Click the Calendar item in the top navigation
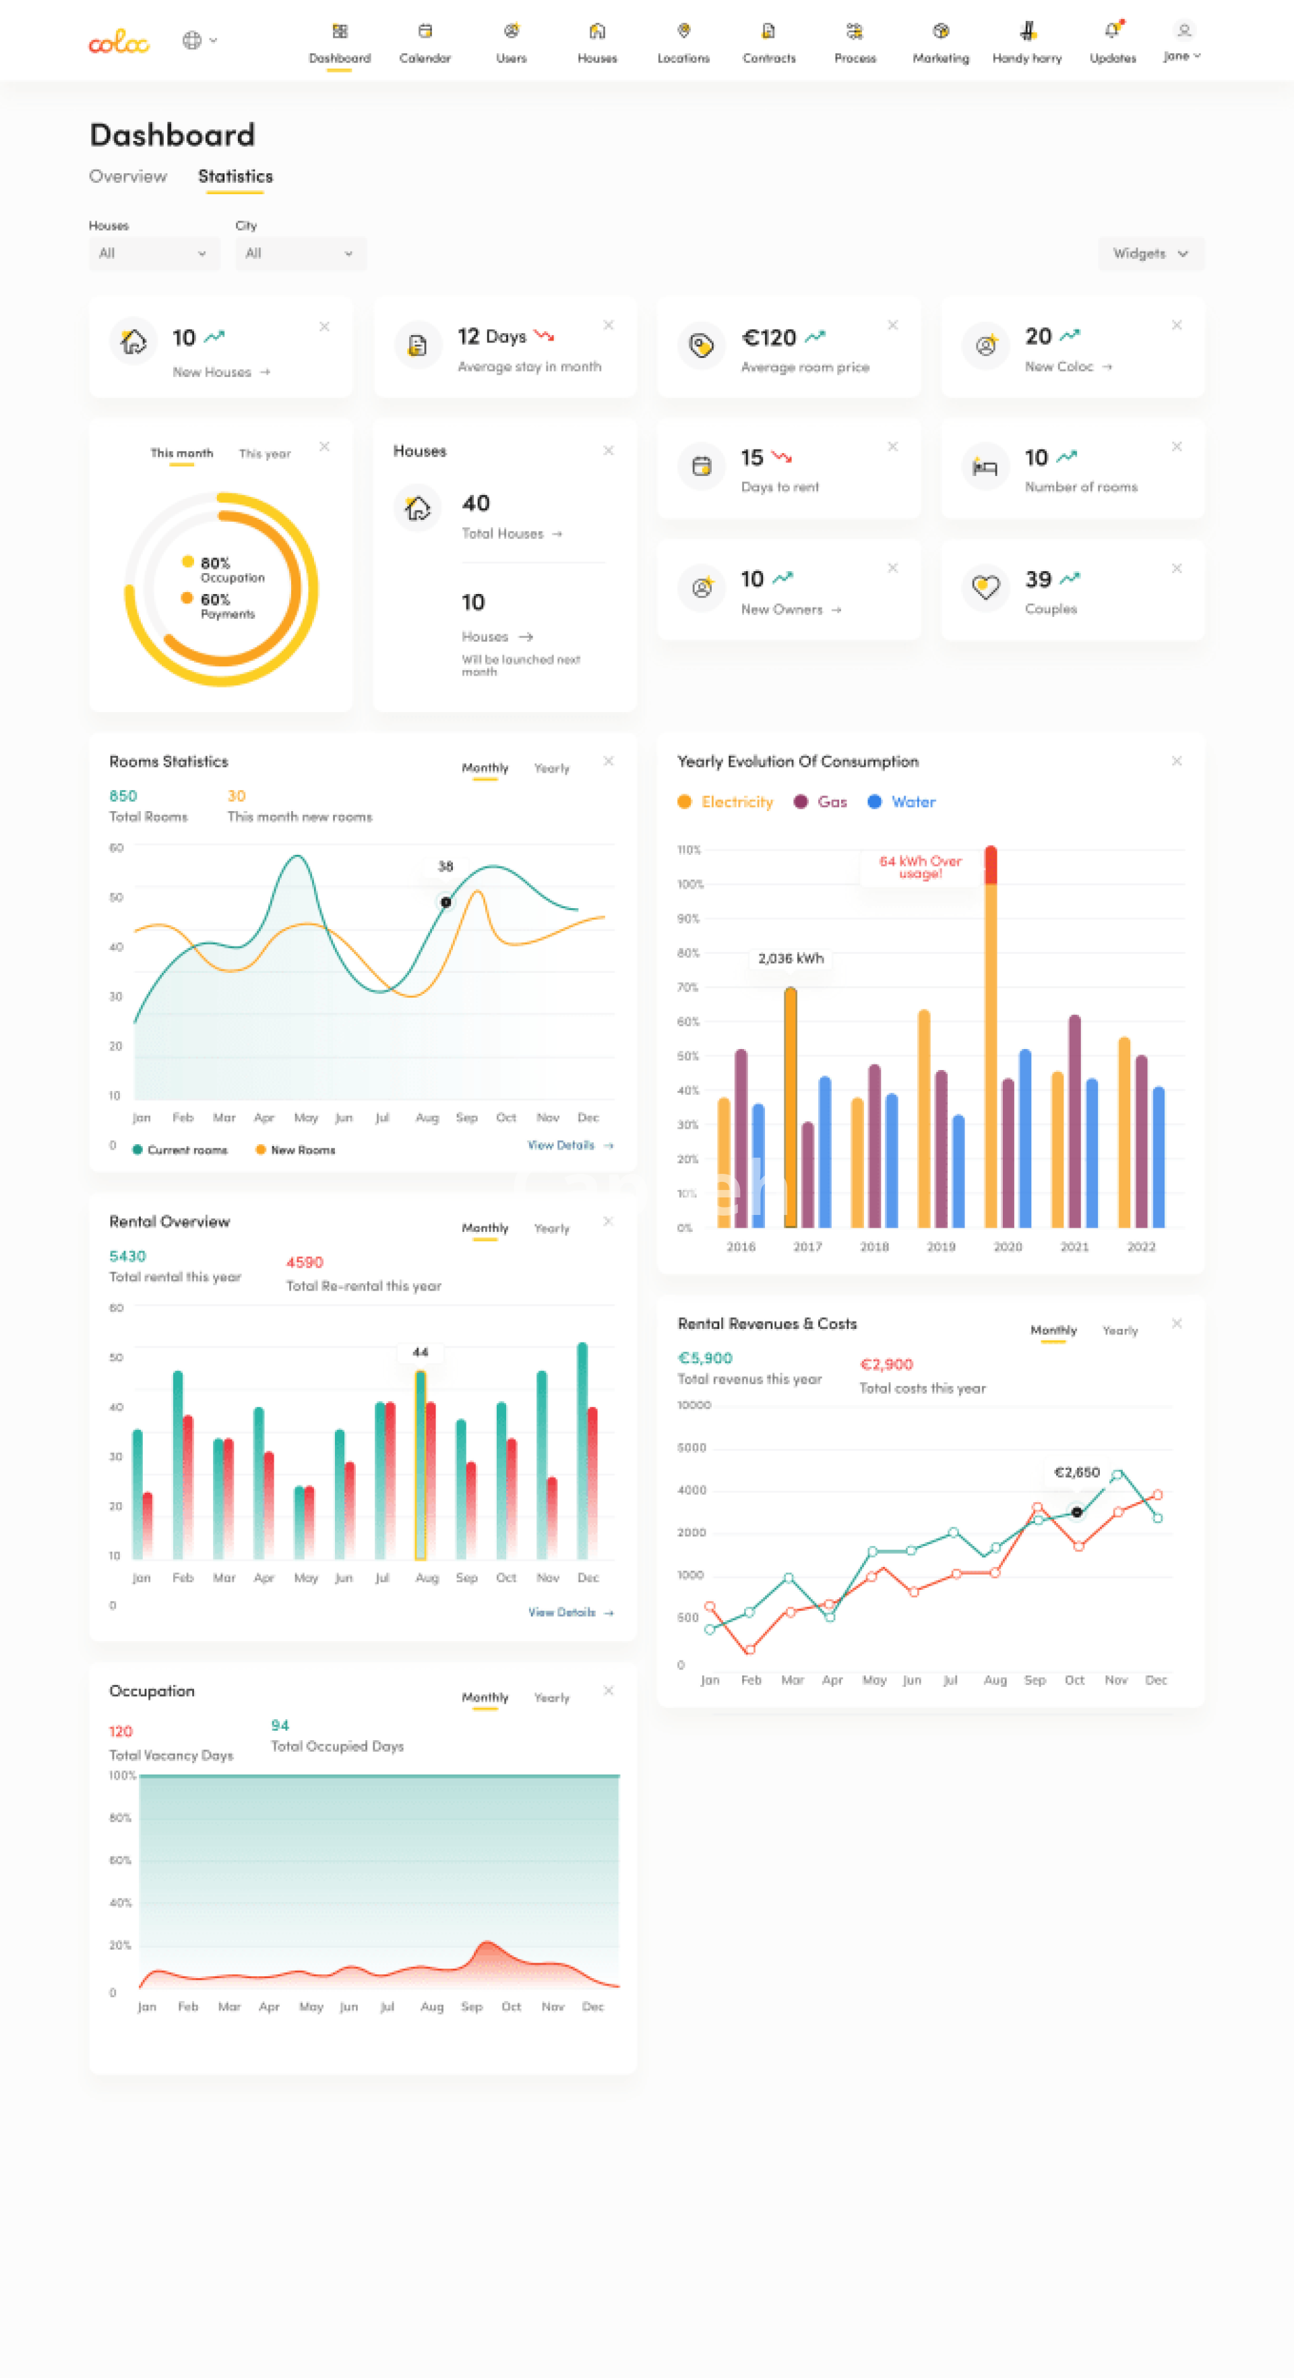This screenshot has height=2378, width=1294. coord(425,42)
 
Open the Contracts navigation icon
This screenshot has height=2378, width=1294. coord(768,32)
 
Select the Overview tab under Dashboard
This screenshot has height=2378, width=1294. coord(127,177)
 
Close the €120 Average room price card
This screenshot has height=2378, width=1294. coord(892,325)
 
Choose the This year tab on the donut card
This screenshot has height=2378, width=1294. coord(264,453)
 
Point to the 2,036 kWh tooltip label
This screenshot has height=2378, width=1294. coord(790,958)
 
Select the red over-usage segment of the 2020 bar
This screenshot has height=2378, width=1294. coord(990,865)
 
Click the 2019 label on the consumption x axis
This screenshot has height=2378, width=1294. coord(940,1246)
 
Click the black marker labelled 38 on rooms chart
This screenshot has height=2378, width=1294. coord(445,902)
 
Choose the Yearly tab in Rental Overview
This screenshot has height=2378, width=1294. coord(551,1228)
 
